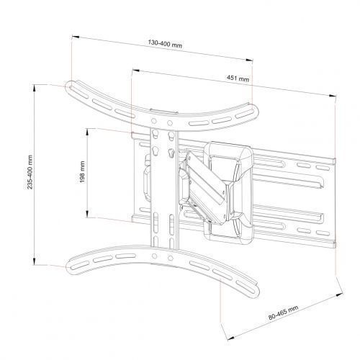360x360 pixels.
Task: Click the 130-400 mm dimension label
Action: point(165,44)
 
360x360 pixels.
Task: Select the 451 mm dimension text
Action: point(238,78)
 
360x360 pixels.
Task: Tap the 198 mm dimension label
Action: point(82,172)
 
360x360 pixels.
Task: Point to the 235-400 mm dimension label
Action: point(30,172)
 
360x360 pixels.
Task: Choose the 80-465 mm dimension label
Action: point(284,312)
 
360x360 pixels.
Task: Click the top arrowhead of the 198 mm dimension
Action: point(88,132)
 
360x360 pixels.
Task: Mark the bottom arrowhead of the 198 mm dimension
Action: point(88,214)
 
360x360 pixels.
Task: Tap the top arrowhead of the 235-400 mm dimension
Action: point(35,88)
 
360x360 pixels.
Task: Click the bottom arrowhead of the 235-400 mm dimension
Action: point(35,261)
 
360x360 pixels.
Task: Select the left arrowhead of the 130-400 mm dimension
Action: point(76,37)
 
